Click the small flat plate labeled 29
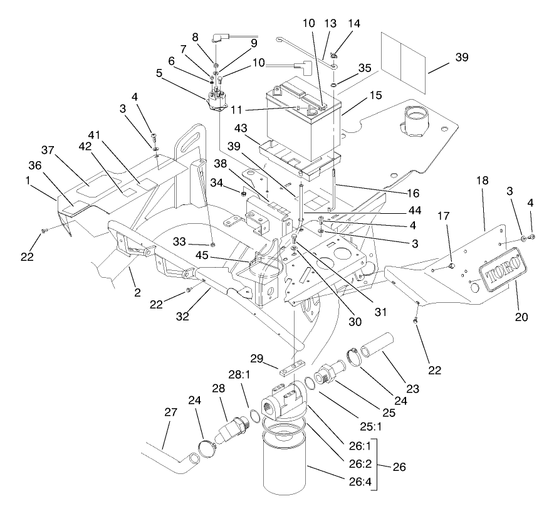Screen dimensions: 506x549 pos(291,366)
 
